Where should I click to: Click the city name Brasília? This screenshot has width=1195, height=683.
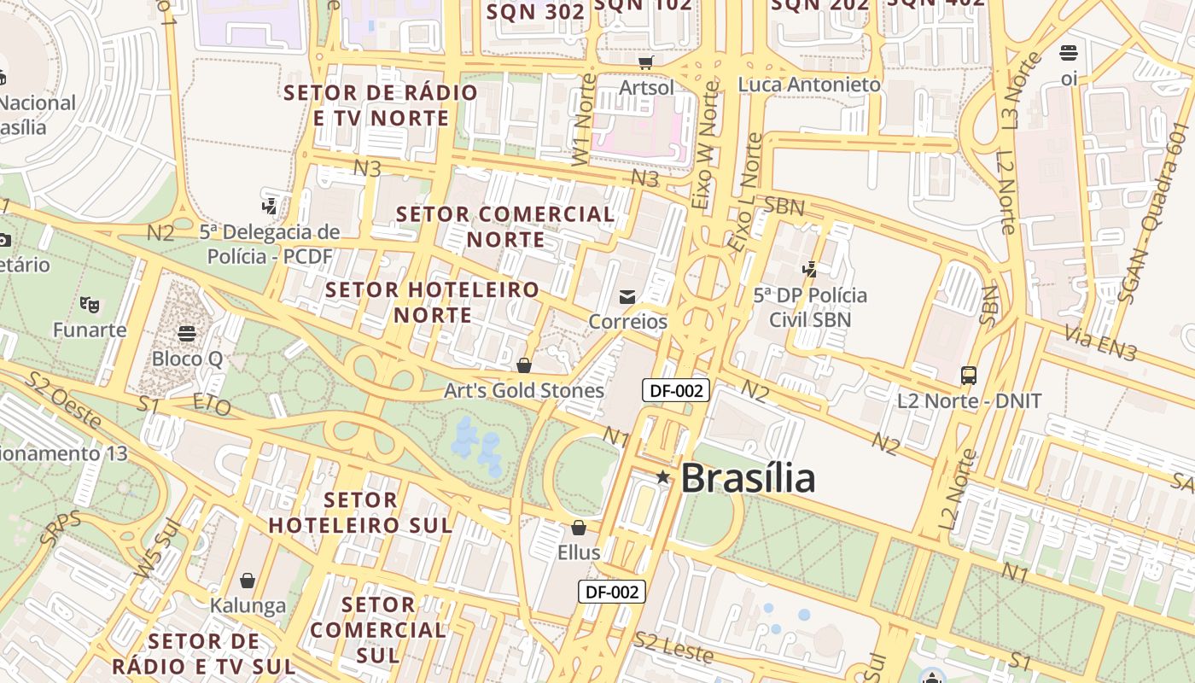click(x=748, y=477)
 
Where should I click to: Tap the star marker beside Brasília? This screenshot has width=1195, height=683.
click(x=663, y=476)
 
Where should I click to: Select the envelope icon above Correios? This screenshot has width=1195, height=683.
click(x=627, y=296)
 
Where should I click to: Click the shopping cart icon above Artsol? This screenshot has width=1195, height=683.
click(x=646, y=62)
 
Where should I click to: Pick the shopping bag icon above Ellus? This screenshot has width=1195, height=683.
click(x=579, y=528)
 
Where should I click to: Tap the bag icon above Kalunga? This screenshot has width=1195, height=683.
click(x=248, y=581)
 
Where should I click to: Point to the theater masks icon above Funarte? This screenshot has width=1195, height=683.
click(x=89, y=304)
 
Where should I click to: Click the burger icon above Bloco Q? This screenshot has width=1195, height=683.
click(x=187, y=333)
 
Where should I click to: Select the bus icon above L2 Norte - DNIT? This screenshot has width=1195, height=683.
click(x=969, y=375)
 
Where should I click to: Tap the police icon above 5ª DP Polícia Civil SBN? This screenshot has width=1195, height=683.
click(x=810, y=270)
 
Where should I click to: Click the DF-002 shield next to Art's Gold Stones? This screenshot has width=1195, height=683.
click(x=676, y=391)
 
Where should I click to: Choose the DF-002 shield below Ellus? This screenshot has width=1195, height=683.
click(x=612, y=592)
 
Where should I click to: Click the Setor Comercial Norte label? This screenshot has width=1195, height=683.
click(x=505, y=226)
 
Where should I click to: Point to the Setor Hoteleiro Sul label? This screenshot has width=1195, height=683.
click(x=361, y=512)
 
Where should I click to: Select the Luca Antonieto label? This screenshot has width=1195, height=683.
click(x=809, y=85)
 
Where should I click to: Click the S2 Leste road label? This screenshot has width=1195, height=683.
click(x=673, y=647)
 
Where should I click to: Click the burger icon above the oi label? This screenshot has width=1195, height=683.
click(x=1068, y=53)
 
